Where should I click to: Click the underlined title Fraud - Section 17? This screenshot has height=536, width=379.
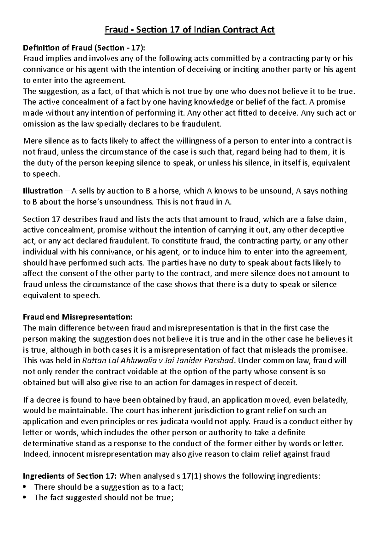tap(189, 30)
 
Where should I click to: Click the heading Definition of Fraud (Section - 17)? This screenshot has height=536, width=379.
tap(85, 48)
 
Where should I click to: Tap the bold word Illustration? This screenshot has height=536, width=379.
tap(43, 191)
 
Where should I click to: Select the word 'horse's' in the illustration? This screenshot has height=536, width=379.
tap(89, 202)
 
